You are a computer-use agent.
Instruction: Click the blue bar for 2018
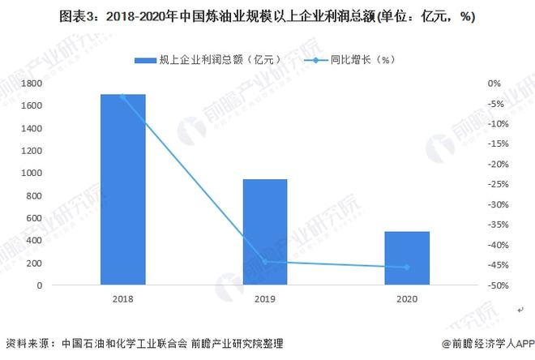point(122,190)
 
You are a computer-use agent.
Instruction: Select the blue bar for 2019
point(265,232)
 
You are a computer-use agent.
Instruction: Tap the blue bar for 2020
point(407,258)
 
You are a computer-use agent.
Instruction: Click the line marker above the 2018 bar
point(122,96)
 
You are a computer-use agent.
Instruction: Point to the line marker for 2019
point(265,262)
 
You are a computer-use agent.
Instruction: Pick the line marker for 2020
point(407,268)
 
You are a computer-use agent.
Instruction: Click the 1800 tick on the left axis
point(32,84)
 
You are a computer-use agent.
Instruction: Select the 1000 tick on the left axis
point(32,174)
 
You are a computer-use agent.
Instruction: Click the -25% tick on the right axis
point(498,185)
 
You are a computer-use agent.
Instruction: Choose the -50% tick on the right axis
point(498,285)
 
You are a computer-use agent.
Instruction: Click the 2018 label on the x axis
point(122,299)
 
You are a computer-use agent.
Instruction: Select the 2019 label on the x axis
point(265,299)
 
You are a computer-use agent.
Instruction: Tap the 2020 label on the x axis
point(407,299)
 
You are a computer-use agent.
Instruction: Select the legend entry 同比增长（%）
point(353,59)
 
